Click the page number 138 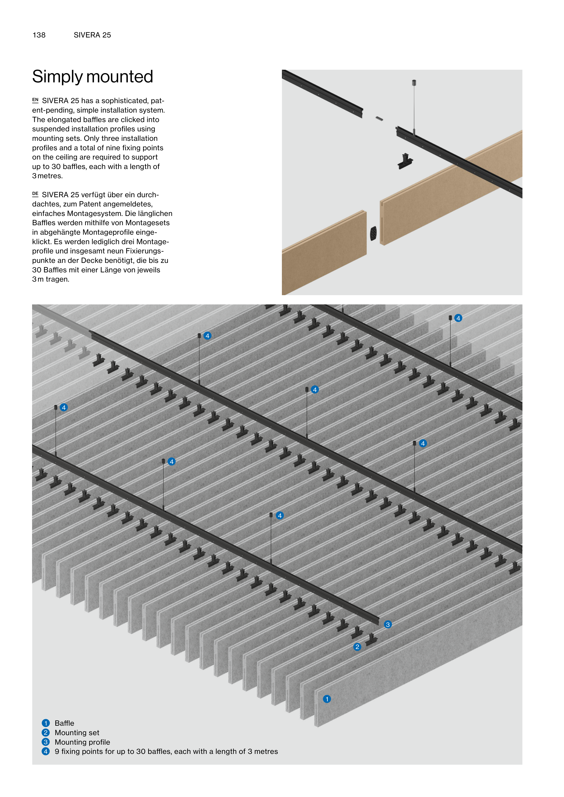point(39,35)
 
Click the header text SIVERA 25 point(92,35)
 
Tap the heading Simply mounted point(92,77)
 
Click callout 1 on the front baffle point(327,699)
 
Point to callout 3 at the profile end point(388,624)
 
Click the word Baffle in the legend point(64,723)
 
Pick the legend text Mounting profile point(82,742)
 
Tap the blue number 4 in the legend point(46,751)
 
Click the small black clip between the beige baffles point(373,234)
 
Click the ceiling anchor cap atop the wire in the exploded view point(414,83)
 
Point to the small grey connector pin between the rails point(379,119)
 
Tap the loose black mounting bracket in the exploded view point(405,161)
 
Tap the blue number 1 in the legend point(46,723)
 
